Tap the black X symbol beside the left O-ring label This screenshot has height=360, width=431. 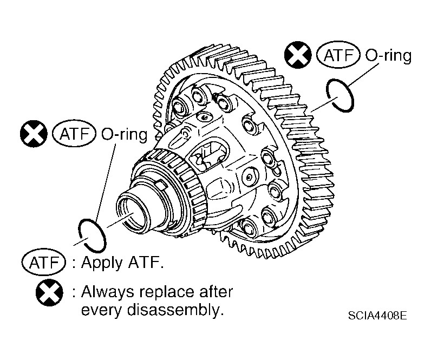34,134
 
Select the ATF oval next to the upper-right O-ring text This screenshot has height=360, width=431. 338,55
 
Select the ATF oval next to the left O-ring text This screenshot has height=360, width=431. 74,134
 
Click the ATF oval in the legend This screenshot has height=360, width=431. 44,262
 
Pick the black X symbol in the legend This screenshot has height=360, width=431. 49,292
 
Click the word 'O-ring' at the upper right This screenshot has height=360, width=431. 388,56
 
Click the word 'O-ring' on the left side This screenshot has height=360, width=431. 125,135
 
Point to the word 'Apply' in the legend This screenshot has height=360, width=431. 101,263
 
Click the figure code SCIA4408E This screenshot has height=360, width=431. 377,315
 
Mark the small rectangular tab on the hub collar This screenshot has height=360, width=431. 161,186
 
